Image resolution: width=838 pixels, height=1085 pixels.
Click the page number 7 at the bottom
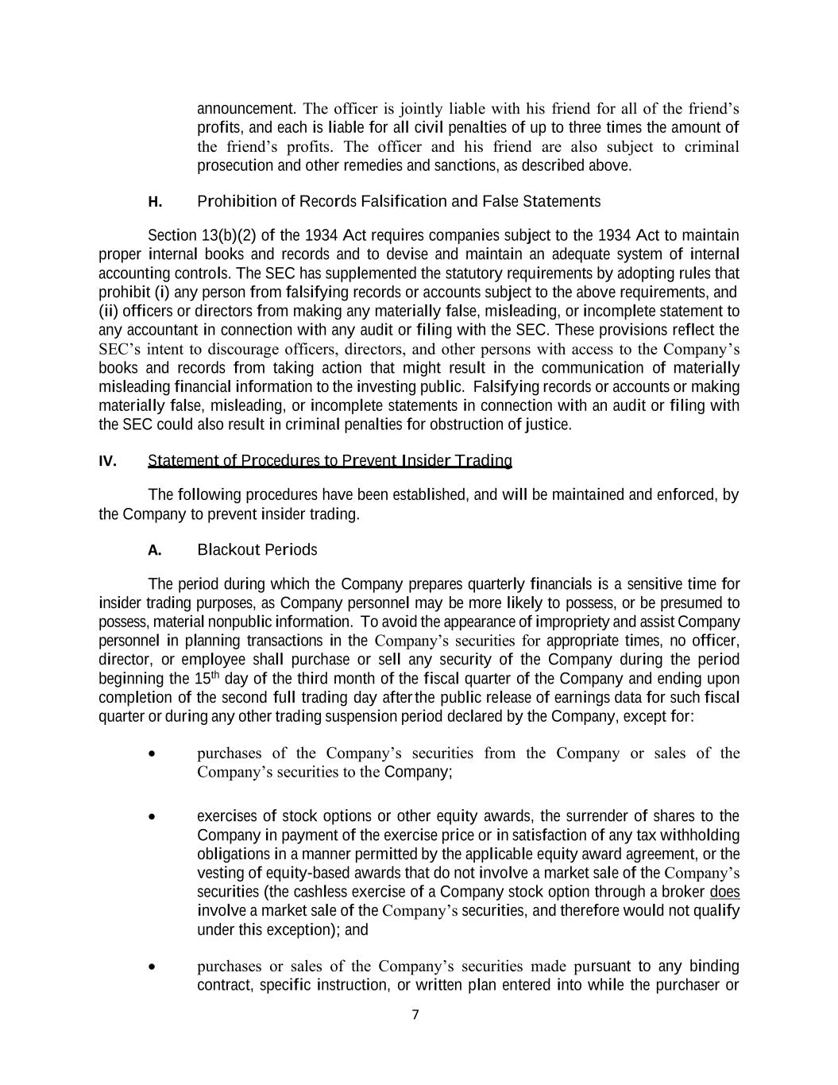pyautogui.click(x=415, y=1014)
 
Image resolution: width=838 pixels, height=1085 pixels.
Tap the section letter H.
pyautogui.click(x=155, y=202)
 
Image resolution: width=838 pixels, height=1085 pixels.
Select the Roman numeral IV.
pyautogui.click(x=107, y=461)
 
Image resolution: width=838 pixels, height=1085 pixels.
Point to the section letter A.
pyautogui.click(x=155, y=550)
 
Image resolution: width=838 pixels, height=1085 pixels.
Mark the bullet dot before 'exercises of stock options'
pyautogui.click(x=151, y=817)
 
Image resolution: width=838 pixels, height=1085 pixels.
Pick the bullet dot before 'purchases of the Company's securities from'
pyautogui.click(x=151, y=754)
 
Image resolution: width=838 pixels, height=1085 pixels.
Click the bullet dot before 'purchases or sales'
pyautogui.click(x=151, y=967)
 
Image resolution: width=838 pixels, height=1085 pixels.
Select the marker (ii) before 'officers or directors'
pyautogui.click(x=108, y=311)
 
